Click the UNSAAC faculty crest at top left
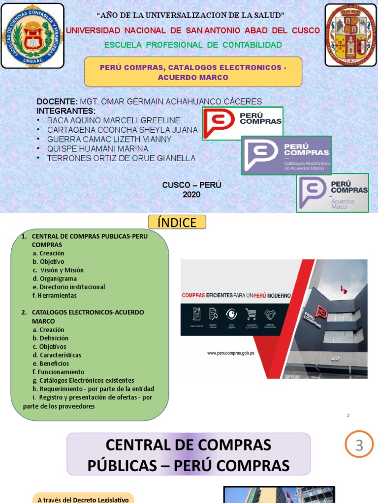pos(32,35)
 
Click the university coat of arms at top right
pos(350,35)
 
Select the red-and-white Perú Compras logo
pos(243,122)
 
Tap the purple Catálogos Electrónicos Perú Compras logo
pos(286,155)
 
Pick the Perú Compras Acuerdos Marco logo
pos(332,193)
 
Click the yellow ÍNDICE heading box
pos(177,223)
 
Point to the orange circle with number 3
pos(359,445)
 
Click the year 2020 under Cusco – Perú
pos(191,195)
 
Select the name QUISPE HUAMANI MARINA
pos(97,149)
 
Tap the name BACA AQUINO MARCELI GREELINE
pos(113,120)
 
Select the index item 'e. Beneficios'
pos(51,363)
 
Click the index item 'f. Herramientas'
pos(54,296)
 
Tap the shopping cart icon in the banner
pos(251,314)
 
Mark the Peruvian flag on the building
pos(344,290)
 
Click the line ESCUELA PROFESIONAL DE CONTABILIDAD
pos(193,45)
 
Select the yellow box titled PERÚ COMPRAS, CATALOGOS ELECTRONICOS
pos(193,72)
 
